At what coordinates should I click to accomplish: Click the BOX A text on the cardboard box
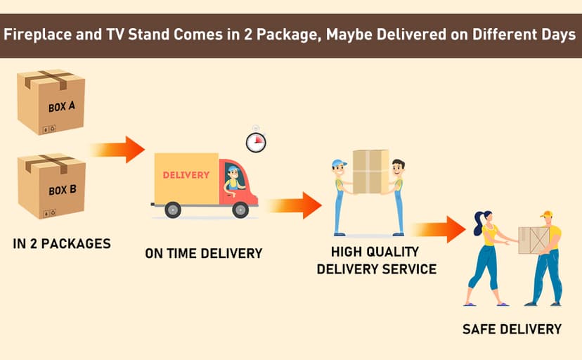point(62,106)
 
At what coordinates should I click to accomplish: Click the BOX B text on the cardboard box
point(63,190)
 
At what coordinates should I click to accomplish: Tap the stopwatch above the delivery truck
point(256,141)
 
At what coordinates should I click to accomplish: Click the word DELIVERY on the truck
point(186,175)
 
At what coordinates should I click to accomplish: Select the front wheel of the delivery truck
point(240,210)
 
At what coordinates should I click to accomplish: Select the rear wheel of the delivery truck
point(173,210)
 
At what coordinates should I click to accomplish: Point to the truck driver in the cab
point(233,179)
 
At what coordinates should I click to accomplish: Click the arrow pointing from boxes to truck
point(117,149)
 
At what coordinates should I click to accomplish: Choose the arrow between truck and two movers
point(294,205)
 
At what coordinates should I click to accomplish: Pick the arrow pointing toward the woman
point(438,229)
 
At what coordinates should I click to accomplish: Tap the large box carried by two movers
point(371,172)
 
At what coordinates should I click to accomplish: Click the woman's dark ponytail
point(478,224)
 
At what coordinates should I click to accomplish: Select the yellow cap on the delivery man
point(546,214)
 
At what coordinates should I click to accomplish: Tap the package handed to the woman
point(533,240)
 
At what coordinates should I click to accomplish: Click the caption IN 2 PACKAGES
point(62,243)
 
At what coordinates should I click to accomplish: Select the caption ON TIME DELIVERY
point(203,253)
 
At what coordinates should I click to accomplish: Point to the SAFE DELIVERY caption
point(512,329)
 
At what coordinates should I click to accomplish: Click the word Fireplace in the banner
point(37,34)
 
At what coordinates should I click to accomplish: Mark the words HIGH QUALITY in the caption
point(375,252)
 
